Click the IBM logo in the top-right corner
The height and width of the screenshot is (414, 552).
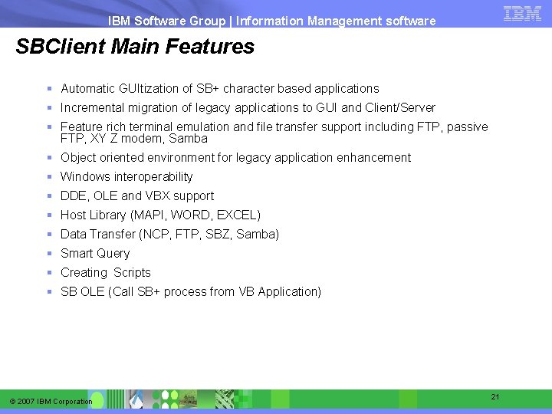click(x=523, y=13)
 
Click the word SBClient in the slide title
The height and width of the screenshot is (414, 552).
click(x=61, y=47)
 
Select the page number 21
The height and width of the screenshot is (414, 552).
click(x=495, y=396)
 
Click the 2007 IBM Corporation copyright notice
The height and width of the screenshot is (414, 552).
click(x=51, y=402)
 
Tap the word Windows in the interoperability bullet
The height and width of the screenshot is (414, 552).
click(x=85, y=177)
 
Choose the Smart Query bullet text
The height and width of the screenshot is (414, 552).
click(x=95, y=254)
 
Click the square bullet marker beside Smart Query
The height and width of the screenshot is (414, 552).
click(x=49, y=253)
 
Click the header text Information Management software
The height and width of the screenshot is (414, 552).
click(x=337, y=21)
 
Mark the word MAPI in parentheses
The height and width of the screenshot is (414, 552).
click(x=149, y=215)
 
